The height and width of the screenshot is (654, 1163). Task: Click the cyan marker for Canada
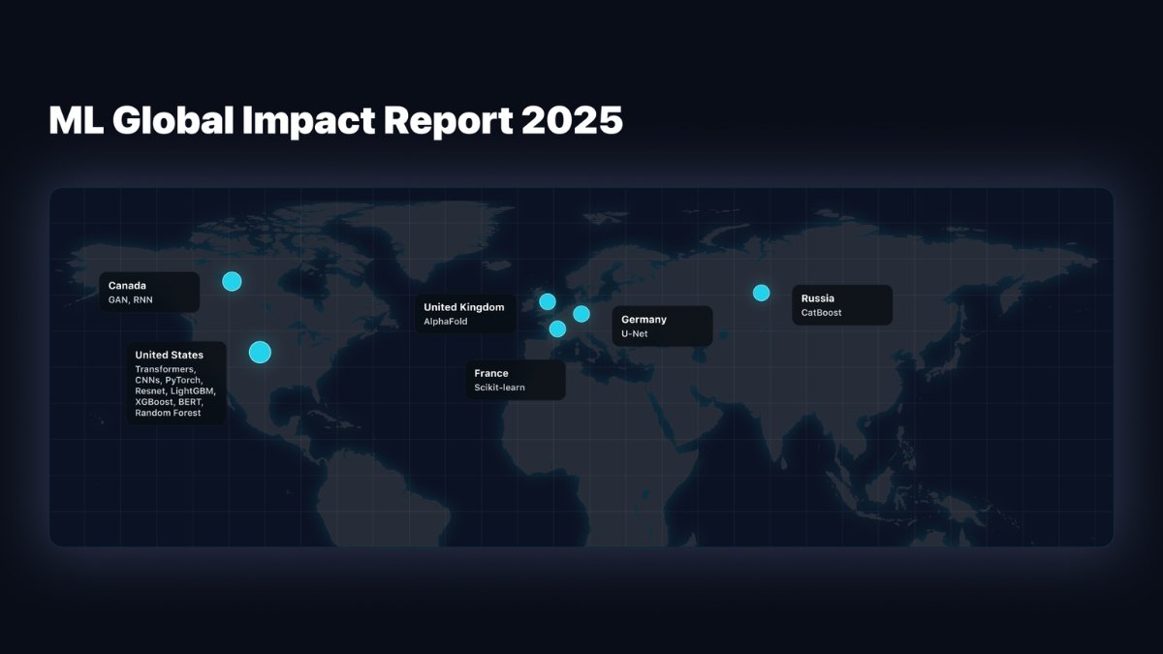(232, 282)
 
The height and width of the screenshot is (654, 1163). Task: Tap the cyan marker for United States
(260, 352)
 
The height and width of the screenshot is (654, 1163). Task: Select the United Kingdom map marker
(548, 301)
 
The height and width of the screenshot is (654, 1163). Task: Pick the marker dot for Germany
(581, 313)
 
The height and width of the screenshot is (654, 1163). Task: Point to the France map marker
(557, 328)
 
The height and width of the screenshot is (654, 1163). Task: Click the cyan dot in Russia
(762, 293)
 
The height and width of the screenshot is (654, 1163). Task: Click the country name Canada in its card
(127, 286)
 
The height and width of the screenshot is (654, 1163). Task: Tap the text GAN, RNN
(131, 300)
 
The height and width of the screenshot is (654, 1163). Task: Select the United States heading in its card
(170, 355)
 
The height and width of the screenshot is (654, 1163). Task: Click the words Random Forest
(168, 413)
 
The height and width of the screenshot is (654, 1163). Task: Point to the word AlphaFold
(446, 322)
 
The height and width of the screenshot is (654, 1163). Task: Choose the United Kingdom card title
(464, 307)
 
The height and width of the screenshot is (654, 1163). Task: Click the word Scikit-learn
(499, 388)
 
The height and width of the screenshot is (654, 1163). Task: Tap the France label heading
(491, 373)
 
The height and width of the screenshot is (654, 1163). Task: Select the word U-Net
(635, 333)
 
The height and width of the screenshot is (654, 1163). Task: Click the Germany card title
(644, 319)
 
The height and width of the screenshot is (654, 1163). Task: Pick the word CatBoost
(822, 313)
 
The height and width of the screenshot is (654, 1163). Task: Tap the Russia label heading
(818, 298)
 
